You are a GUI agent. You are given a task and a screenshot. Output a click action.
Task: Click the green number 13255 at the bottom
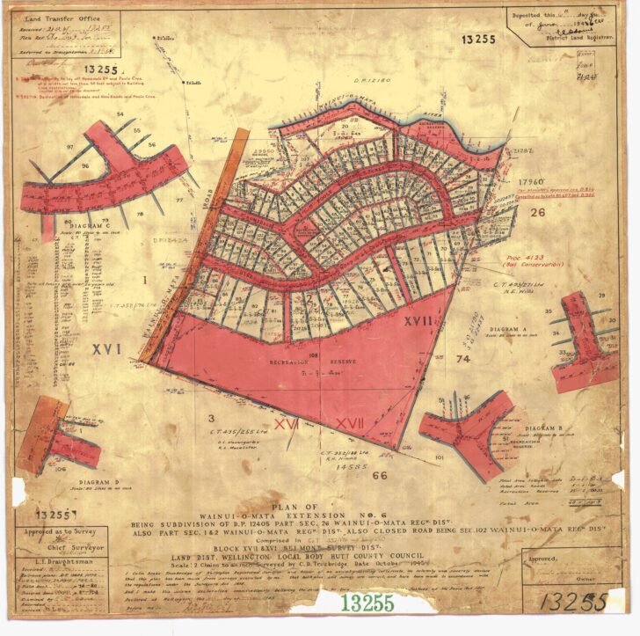[367, 603]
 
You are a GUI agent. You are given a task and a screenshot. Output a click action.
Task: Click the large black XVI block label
[107, 348]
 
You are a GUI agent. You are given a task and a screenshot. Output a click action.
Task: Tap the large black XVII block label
[418, 322]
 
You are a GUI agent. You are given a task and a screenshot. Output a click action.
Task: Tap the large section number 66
[380, 475]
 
